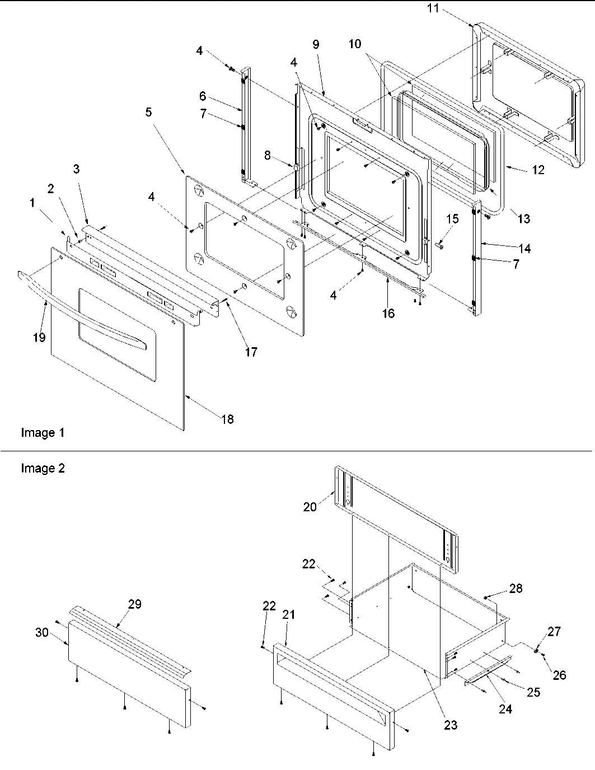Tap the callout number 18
point(227,419)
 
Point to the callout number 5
point(148,112)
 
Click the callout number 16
point(388,313)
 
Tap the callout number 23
point(450,725)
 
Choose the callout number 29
point(134,604)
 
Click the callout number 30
point(42,632)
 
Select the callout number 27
point(553,632)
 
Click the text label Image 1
point(43,433)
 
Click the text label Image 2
point(43,468)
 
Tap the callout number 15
point(452,218)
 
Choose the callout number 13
point(523,218)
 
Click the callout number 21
point(288,614)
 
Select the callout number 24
point(505,709)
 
